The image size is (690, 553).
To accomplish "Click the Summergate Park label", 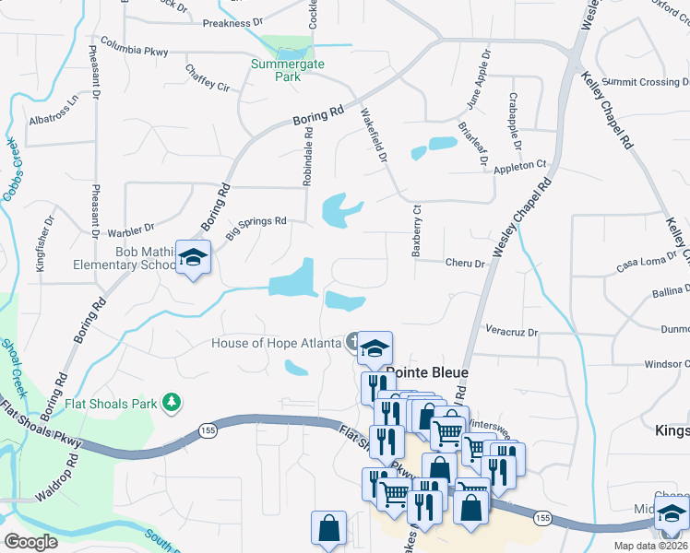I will [277, 70].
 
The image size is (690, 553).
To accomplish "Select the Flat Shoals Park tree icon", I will [171, 402].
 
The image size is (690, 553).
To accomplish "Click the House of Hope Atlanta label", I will [277, 343].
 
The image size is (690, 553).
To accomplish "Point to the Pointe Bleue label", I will [427, 373].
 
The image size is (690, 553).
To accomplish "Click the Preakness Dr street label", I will [232, 19].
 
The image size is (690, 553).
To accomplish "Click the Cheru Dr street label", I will [465, 264].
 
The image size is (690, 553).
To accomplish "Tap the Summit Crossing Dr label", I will [648, 83].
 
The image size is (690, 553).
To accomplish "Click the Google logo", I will [31, 541].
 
